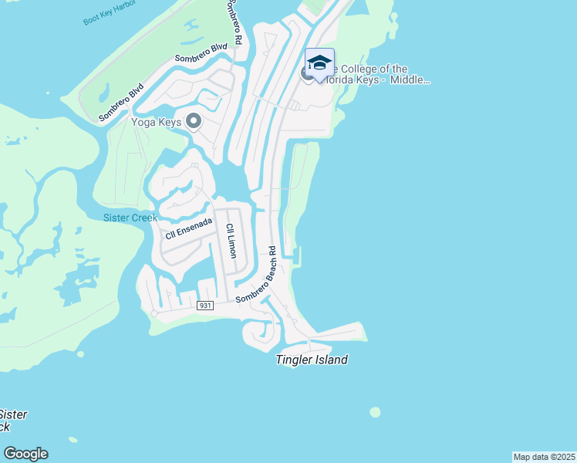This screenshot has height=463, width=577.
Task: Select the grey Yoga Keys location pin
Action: click(193, 121)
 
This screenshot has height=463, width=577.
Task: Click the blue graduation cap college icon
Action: click(319, 63)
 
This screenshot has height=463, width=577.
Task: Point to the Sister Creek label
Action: click(130, 218)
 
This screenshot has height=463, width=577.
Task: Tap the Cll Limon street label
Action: click(230, 241)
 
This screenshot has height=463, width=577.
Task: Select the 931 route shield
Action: click(204, 306)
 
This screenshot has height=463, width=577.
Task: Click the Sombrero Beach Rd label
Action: click(256, 275)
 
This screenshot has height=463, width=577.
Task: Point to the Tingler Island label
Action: click(312, 360)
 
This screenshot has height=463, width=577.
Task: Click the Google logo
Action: click(25, 454)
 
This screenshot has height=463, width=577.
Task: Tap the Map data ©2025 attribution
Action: click(544, 457)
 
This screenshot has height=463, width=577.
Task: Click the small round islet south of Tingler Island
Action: click(375, 412)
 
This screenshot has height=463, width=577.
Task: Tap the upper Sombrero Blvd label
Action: click(201, 54)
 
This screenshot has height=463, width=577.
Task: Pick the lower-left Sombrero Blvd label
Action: click(121, 102)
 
